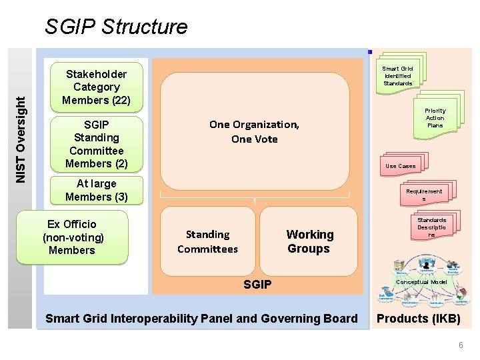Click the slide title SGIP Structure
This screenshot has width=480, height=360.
click(116, 27)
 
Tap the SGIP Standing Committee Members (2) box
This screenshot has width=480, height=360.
click(97, 144)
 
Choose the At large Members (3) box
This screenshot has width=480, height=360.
click(97, 190)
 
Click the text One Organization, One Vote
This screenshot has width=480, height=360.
click(254, 131)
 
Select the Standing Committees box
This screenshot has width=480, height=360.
click(207, 241)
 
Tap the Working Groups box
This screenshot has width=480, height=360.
click(309, 241)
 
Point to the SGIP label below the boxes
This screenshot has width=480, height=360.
click(257, 285)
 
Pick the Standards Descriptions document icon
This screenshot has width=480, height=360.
click(431, 227)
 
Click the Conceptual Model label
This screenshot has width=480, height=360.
click(422, 282)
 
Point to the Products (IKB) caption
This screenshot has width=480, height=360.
click(419, 319)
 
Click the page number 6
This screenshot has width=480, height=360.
click(460, 345)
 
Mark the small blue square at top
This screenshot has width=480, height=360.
click(369, 51)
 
